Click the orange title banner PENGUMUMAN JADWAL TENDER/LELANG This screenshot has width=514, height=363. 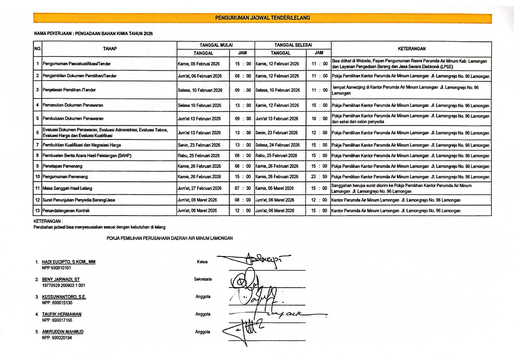[x=262, y=18]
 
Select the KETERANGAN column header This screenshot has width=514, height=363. [x=411, y=49]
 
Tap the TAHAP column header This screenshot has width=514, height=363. [x=110, y=49]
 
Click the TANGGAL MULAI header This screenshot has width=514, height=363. [x=216, y=45]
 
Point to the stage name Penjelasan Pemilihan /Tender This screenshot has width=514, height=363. [x=69, y=90]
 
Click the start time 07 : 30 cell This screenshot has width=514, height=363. [x=243, y=188]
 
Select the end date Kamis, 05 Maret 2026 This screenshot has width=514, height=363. [x=274, y=188]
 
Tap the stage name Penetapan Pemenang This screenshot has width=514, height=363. [x=62, y=166]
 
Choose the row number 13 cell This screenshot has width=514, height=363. [x=37, y=210]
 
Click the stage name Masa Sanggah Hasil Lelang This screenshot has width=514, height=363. [x=67, y=188]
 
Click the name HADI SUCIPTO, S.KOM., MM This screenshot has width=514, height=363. [x=69, y=262]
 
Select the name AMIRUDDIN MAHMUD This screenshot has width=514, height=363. [x=63, y=332]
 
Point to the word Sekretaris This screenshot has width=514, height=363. [x=203, y=279]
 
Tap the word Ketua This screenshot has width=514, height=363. [x=202, y=262]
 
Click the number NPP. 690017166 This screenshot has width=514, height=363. [x=57, y=320]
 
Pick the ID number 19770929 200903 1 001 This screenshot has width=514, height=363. [x=64, y=285]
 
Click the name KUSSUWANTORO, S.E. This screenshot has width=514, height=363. [x=64, y=297]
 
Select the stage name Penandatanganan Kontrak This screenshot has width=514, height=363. [x=66, y=210]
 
